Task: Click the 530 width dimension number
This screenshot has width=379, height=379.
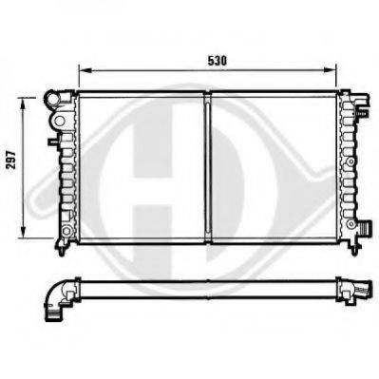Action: (x=218, y=61)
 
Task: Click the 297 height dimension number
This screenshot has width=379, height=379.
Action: (x=11, y=160)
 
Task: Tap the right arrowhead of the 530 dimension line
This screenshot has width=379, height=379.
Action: (x=330, y=70)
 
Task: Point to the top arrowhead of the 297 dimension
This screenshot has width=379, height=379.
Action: (x=23, y=104)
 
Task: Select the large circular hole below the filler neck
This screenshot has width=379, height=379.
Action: (x=60, y=121)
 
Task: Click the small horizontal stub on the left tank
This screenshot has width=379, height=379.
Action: (x=52, y=142)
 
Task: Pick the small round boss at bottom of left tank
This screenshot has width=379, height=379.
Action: (x=66, y=231)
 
